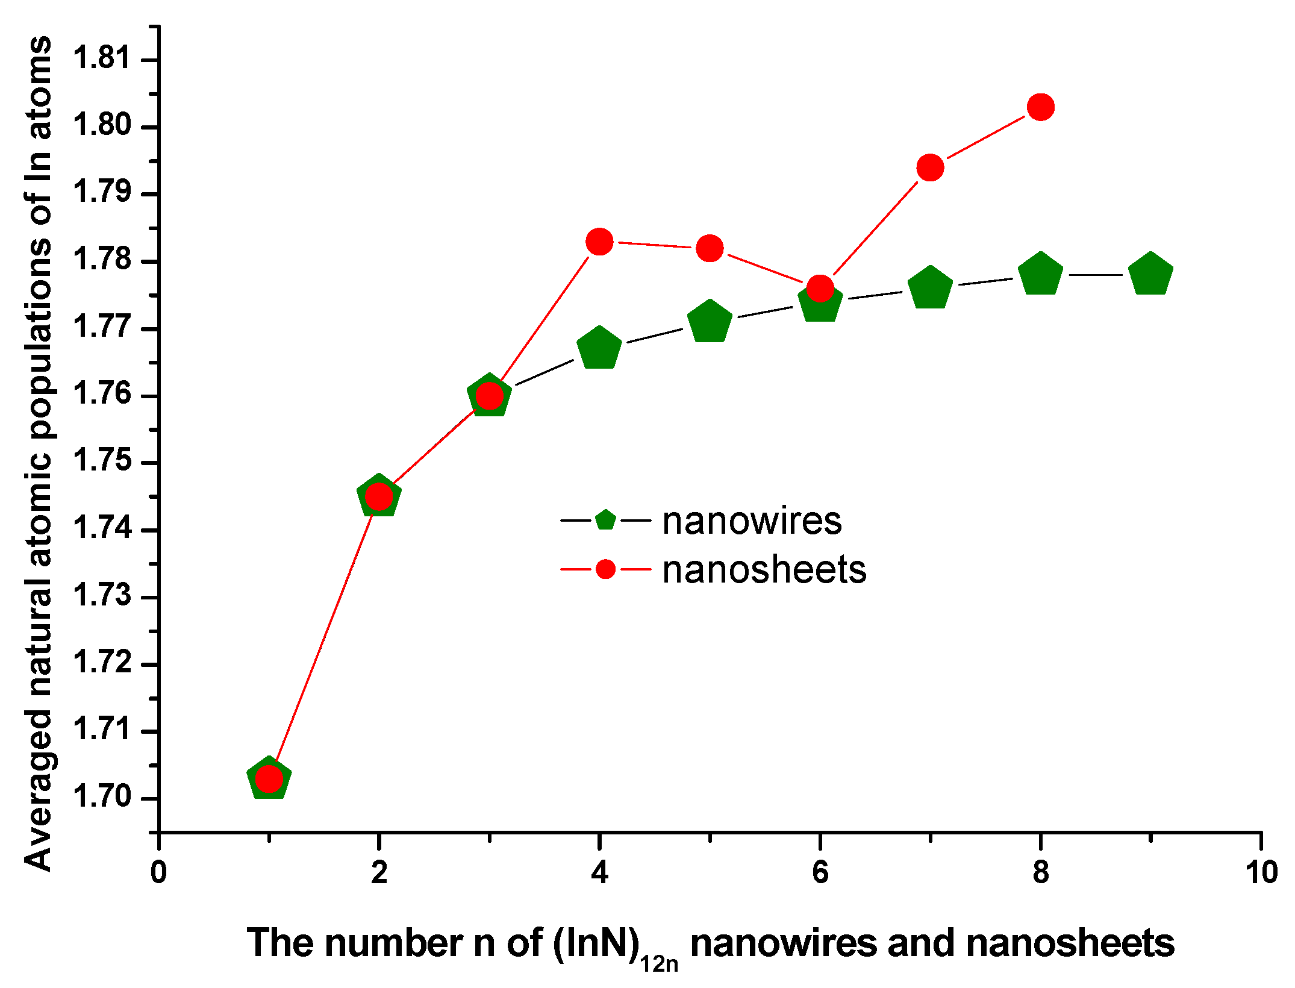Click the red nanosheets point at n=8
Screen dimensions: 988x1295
[x=1040, y=107]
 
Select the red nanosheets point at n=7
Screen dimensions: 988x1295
[x=930, y=167]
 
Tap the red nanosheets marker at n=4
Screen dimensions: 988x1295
[x=599, y=242]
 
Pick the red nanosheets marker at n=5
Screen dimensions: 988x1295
[x=710, y=248]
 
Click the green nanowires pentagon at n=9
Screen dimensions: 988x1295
[x=1150, y=274]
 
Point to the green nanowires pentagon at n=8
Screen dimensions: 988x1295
[x=1040, y=274]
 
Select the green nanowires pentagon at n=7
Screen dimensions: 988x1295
[x=930, y=287]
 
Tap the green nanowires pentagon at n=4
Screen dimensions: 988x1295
[x=599, y=348]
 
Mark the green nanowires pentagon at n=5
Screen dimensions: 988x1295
[x=710, y=321]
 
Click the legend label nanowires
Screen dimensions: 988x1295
[x=752, y=521]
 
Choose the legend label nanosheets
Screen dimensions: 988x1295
[x=764, y=569]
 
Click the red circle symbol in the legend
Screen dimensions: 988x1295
[x=605, y=569]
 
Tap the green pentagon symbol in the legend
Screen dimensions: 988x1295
[x=605, y=519]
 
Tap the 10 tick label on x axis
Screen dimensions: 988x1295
[x=1261, y=872]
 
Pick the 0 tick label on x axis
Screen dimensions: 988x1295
[x=158, y=872]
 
